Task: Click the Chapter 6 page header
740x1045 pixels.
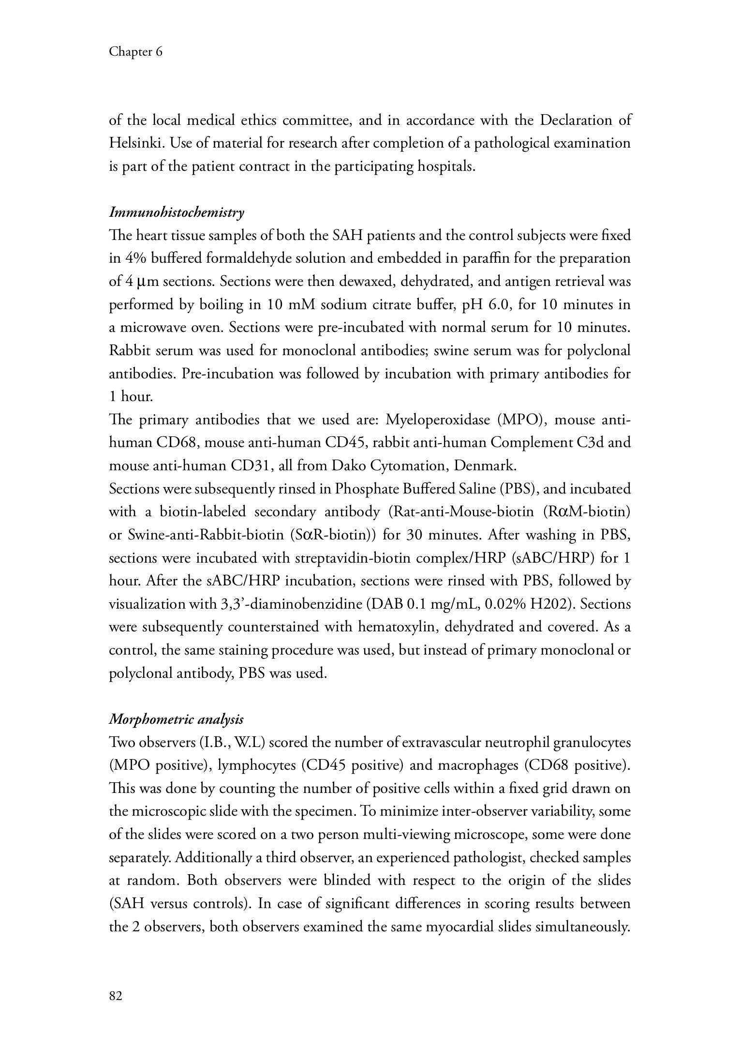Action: tap(135, 52)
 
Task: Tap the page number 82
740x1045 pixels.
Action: tap(116, 996)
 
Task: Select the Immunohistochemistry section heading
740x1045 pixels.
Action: tap(177, 212)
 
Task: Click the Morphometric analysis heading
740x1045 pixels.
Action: tap(176, 719)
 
